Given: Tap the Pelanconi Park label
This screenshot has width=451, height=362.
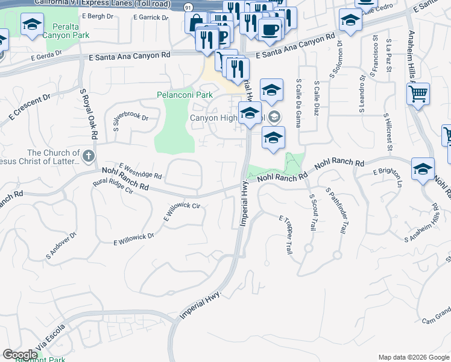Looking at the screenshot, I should point(185,95).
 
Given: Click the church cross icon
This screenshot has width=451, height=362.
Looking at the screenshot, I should point(89,157).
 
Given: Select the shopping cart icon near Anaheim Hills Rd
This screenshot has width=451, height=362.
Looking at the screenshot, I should point(418,94).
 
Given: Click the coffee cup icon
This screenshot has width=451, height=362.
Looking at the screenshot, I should point(271,28).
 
